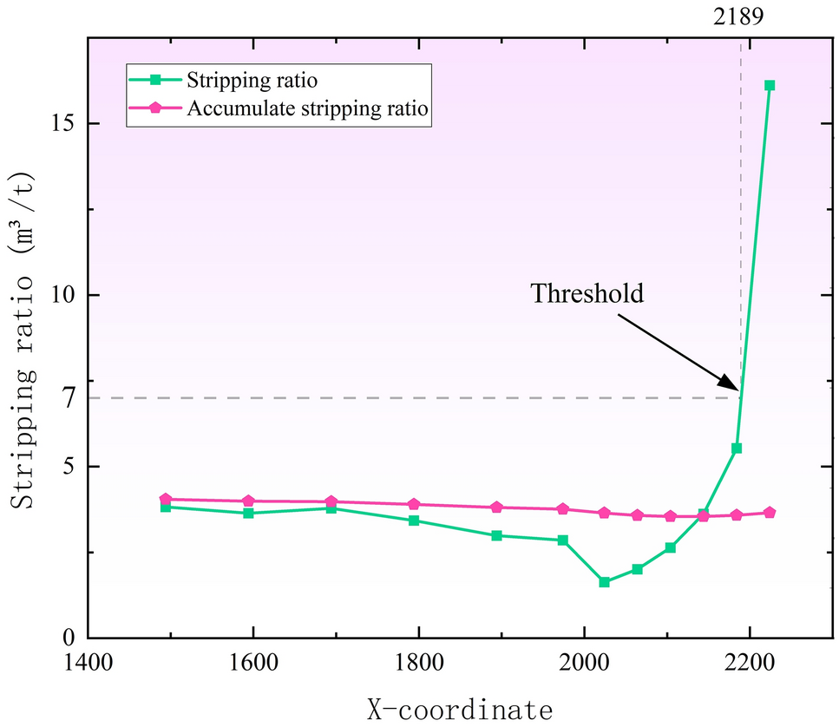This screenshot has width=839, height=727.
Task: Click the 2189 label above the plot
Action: tap(740, 16)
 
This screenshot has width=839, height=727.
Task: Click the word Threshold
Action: tap(587, 293)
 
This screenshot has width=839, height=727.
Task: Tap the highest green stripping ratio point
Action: tap(769, 85)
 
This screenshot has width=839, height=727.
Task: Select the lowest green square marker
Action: tap(604, 582)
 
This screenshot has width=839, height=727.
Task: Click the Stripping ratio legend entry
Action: tap(250, 80)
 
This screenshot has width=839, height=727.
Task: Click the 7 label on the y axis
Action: tap(70, 398)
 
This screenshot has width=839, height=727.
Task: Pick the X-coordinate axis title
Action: tap(454, 709)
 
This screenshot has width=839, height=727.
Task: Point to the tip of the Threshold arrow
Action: tap(738, 391)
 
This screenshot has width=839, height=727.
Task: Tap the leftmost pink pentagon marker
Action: tap(166, 500)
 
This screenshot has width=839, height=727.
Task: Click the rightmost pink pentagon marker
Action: tap(769, 513)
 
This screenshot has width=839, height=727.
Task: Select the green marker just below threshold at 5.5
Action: tap(737, 449)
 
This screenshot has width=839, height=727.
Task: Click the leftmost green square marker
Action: tap(166, 507)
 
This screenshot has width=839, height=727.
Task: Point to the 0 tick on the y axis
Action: tap(70, 638)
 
